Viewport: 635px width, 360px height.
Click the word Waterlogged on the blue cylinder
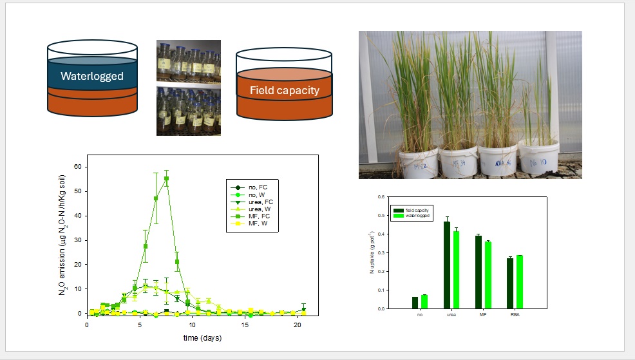[91, 76]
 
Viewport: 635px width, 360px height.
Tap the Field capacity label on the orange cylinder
[285, 90]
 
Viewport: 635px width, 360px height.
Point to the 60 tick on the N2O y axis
[79, 166]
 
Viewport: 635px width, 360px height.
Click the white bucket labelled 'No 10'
[538, 158]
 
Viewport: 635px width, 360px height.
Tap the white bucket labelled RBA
[498, 160]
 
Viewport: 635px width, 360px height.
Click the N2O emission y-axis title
[62, 235]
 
